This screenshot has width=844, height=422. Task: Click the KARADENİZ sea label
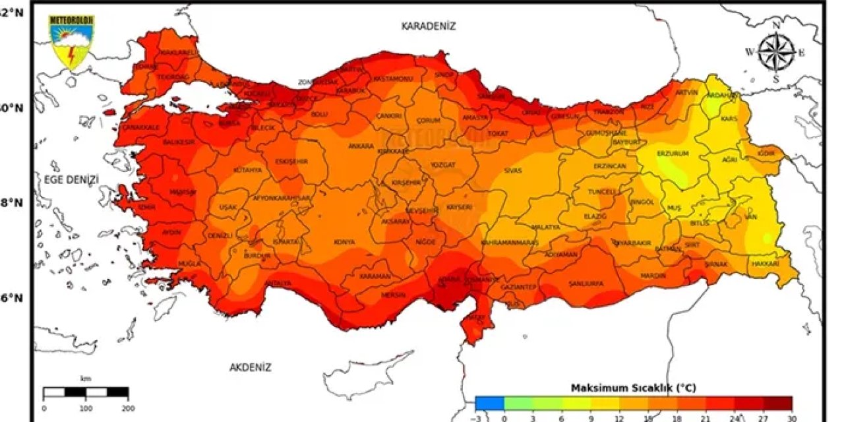(x=429, y=26)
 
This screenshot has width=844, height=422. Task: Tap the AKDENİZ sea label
(x=250, y=368)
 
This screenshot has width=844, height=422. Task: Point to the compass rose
(x=776, y=53)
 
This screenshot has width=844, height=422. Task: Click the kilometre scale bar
(x=86, y=392)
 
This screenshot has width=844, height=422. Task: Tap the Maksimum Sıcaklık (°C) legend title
(x=633, y=387)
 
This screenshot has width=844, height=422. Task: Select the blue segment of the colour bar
(x=489, y=403)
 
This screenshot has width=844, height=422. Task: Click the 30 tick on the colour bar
(x=791, y=417)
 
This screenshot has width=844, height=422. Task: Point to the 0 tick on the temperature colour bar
(x=504, y=417)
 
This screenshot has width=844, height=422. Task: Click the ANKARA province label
(x=361, y=146)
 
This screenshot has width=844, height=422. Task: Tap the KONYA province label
(x=344, y=242)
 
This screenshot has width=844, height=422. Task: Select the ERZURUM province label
(x=673, y=154)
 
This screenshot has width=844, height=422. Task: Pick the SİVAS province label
(x=513, y=170)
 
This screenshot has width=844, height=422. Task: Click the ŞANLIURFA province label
(x=586, y=284)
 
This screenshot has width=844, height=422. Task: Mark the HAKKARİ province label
(x=765, y=264)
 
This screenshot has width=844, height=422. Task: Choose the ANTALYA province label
(x=278, y=284)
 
